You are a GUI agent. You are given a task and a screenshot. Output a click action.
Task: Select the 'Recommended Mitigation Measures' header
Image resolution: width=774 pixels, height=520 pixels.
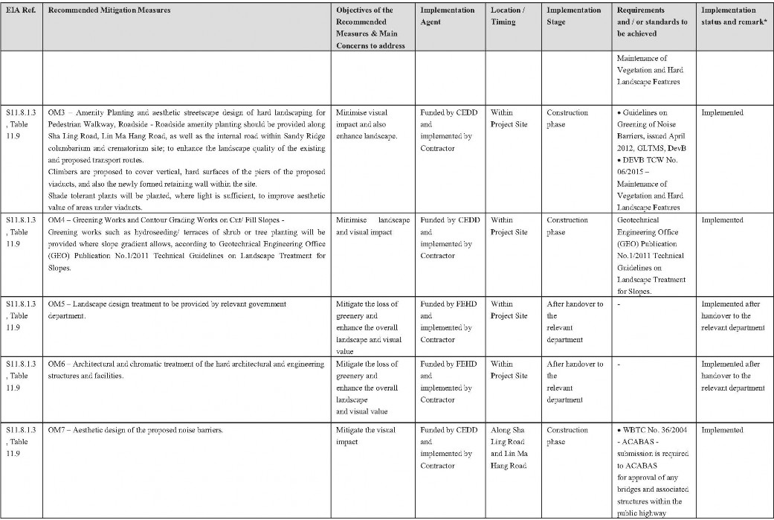tap(109, 10)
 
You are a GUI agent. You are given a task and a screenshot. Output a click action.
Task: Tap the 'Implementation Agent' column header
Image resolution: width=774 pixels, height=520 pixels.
tap(447, 16)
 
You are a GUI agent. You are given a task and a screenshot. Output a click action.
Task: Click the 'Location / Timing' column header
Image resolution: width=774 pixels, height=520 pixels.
tap(507, 16)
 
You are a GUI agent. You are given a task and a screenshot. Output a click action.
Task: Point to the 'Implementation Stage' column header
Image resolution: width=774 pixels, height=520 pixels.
tap(573, 16)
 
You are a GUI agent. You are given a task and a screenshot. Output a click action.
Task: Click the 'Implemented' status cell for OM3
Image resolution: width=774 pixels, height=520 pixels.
tap(722, 113)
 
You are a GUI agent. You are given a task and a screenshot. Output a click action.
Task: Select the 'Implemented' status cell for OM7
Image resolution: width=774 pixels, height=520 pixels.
tap(722, 430)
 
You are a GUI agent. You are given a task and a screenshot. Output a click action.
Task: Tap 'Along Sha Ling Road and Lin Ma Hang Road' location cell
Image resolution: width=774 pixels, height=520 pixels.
tap(509, 448)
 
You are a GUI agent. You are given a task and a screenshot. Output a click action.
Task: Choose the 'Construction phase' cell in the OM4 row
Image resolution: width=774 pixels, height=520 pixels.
tap(567, 226)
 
